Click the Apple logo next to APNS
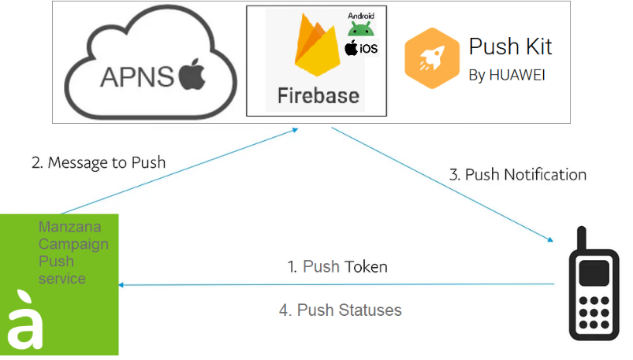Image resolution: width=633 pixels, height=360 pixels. tap(191, 77)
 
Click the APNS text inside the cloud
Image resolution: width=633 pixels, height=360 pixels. tap(137, 78)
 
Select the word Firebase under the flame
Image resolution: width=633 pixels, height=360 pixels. tap(318, 96)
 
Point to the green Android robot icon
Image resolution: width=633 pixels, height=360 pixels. tap(360, 28)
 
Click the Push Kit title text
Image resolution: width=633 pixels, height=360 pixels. tap(511, 46)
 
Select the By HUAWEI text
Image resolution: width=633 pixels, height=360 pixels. tap(507, 76)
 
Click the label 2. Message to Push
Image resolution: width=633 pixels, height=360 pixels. tap(99, 163)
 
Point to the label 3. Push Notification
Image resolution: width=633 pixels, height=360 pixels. tap(518, 175)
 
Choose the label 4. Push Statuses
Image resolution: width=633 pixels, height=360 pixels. tap(341, 310)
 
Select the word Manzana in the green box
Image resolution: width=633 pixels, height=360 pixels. tap(64, 228)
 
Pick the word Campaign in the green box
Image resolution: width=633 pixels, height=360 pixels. tap(73, 244)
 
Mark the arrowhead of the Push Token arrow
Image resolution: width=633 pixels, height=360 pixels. tap(121, 285)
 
